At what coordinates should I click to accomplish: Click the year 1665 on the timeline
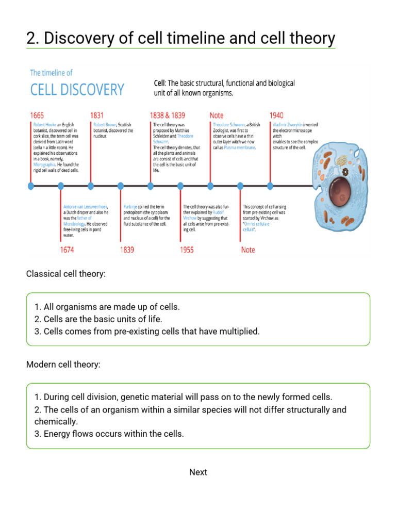[37, 115]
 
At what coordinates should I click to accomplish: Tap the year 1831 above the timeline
[97, 115]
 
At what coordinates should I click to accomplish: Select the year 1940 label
[276, 115]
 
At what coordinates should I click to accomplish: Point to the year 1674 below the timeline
[67, 250]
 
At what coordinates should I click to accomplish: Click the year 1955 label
[187, 250]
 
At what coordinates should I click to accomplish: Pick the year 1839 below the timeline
[127, 250]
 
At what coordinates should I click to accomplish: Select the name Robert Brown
[105, 125]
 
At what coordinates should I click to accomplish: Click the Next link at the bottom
[198, 472]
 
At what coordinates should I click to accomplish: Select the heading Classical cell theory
[65, 274]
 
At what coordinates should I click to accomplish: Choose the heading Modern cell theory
[63, 365]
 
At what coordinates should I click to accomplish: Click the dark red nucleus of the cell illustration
[342, 192]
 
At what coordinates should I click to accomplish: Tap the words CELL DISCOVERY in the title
[77, 90]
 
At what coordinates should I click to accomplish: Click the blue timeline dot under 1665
[31, 186]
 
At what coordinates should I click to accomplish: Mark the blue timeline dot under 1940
[270, 186]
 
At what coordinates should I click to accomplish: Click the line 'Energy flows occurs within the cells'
[113, 434]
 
